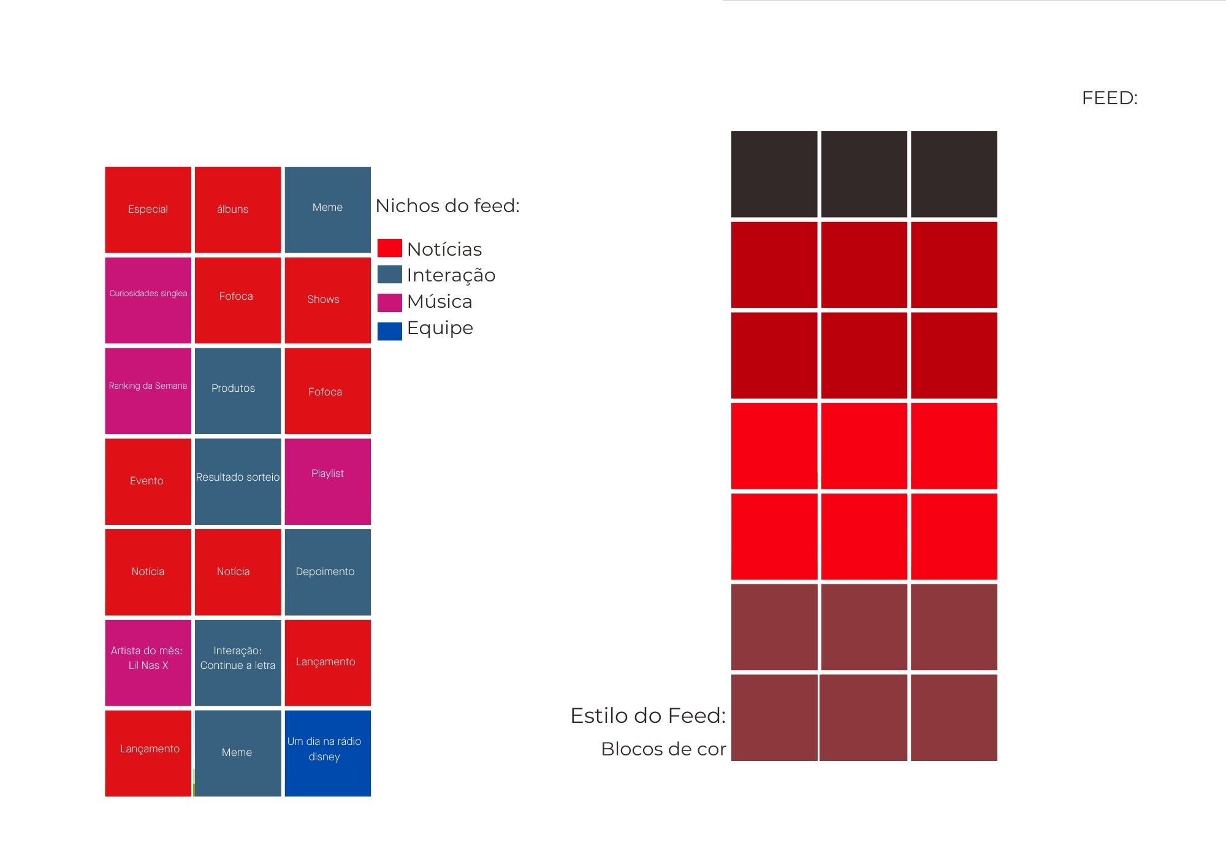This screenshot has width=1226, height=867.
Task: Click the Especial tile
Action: (x=148, y=210)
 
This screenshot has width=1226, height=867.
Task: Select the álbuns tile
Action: (x=238, y=210)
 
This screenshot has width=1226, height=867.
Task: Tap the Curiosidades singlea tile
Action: (x=148, y=300)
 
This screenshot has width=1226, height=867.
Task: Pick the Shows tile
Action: (x=327, y=300)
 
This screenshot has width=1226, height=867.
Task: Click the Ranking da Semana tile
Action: (x=148, y=391)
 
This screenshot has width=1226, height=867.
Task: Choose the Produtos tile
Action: (x=238, y=391)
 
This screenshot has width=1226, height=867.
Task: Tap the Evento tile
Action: (x=148, y=481)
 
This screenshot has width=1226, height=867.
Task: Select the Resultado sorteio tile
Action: (x=238, y=481)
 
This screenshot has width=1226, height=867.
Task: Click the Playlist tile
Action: (x=327, y=481)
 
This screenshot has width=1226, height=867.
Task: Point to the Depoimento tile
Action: (x=327, y=572)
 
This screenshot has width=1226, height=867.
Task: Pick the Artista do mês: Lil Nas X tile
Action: (x=148, y=662)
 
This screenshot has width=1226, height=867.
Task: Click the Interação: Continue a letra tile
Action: (x=238, y=662)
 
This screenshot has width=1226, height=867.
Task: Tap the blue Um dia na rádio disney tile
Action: (x=327, y=753)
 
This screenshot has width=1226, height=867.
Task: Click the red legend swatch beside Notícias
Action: (x=389, y=248)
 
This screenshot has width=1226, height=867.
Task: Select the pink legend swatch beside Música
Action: (x=389, y=302)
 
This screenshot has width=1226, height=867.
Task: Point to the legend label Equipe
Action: (x=440, y=328)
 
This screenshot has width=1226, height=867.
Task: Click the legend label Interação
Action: (x=451, y=275)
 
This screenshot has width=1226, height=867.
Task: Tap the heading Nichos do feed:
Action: (x=447, y=206)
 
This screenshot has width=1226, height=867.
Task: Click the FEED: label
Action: (x=1110, y=98)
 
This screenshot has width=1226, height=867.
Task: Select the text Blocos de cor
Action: (x=663, y=749)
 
